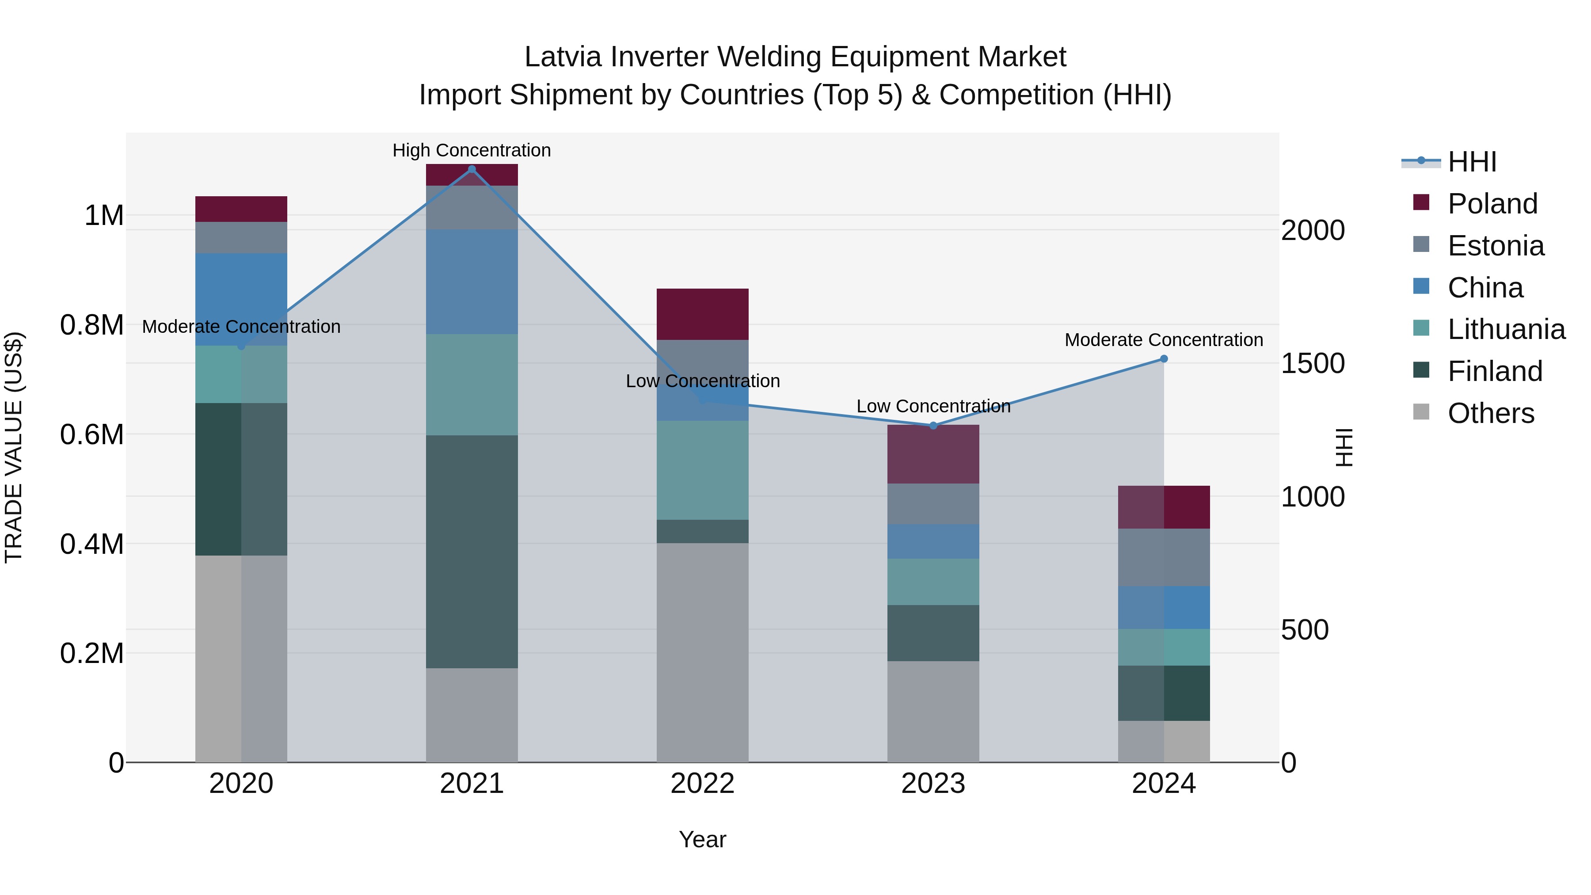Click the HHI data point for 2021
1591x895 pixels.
[x=472, y=169]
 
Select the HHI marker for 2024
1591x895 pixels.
[x=1164, y=359]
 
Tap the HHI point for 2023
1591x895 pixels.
[x=933, y=426]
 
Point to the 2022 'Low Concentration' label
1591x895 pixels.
[x=703, y=381]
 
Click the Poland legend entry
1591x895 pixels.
[x=1492, y=204]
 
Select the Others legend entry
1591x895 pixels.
[x=1490, y=413]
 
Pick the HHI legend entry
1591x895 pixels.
[x=1471, y=162]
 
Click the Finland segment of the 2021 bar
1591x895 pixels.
[x=472, y=551]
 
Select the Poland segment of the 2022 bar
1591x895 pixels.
[x=702, y=314]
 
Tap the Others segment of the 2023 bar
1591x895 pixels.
[x=933, y=712]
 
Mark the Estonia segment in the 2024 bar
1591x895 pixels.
[x=1164, y=557]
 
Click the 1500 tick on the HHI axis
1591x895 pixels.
[x=1313, y=363]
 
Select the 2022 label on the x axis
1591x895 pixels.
[x=702, y=784]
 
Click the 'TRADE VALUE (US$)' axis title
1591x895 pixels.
[x=14, y=447]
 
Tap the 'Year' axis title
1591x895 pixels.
[x=702, y=839]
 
